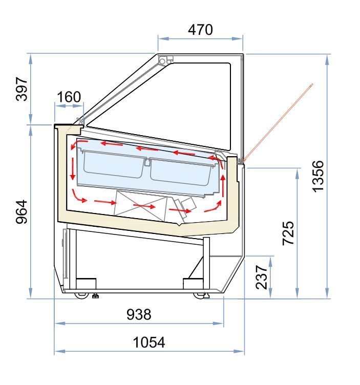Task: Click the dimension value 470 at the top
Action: [x=200, y=30]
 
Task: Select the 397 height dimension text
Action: [x=21, y=89]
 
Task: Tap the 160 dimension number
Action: [x=69, y=97]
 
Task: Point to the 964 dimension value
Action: [x=21, y=211]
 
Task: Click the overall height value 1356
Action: [x=318, y=177]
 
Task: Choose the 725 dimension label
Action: [x=288, y=233]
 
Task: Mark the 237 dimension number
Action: [x=261, y=277]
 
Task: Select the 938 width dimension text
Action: [x=139, y=314]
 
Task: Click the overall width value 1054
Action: [x=149, y=342]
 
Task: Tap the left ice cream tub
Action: [x=110, y=164]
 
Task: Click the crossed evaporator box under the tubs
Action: [x=141, y=206]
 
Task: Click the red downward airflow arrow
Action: [x=73, y=169]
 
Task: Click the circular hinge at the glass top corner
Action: [x=163, y=61]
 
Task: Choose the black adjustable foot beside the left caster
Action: [x=95, y=295]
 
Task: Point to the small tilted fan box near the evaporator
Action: [x=187, y=204]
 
